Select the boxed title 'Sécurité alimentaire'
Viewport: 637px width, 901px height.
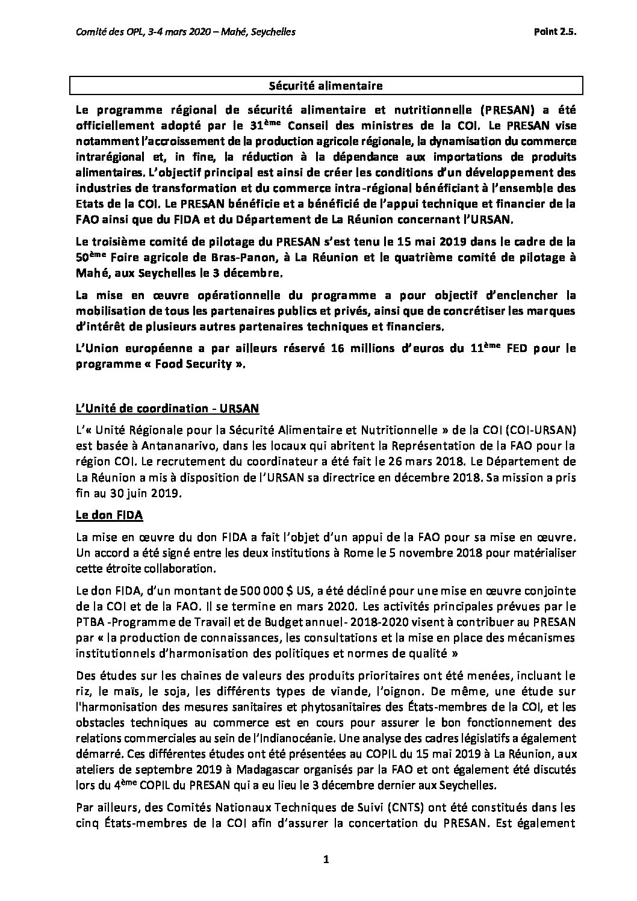(326, 86)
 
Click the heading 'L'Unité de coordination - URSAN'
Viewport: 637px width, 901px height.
(166, 408)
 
